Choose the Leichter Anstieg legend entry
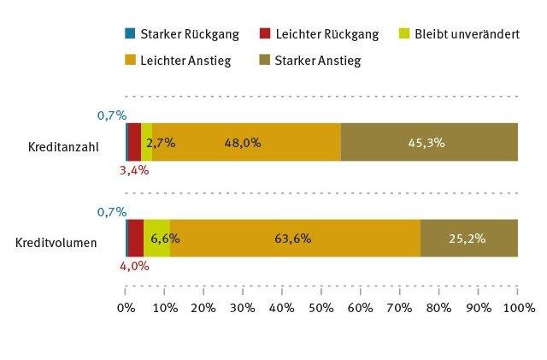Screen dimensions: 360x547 tap(180, 61)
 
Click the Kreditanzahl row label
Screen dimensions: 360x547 tap(63, 146)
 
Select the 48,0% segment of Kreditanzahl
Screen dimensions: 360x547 tap(246, 142)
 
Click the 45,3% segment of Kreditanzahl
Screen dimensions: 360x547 tap(429, 142)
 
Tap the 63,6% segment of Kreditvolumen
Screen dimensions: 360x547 tap(295, 239)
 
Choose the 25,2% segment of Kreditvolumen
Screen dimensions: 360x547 tap(468, 239)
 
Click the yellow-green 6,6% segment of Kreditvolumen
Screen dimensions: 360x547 tap(157, 239)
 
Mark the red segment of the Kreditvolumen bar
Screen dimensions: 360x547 tap(136, 239)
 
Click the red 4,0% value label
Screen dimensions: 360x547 tap(134, 265)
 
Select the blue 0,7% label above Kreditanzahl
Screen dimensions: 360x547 tap(112, 115)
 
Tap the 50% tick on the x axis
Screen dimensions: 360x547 tap(321, 307)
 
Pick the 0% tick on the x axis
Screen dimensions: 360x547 tap(126, 307)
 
